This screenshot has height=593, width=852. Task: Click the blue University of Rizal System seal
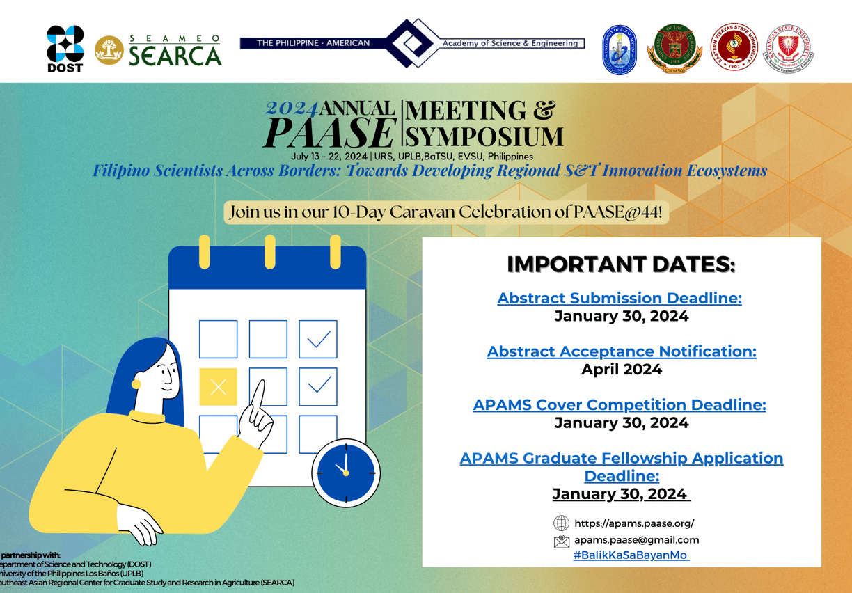click(x=620, y=49)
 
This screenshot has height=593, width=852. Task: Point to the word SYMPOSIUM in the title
click(x=484, y=135)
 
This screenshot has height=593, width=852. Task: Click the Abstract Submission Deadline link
click(x=619, y=298)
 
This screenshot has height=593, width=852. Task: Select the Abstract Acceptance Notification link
click(x=621, y=351)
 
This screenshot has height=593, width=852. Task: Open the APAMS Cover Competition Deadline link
click(x=620, y=404)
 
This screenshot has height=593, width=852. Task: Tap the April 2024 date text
click(x=621, y=370)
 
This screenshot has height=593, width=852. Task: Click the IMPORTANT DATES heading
click(x=621, y=264)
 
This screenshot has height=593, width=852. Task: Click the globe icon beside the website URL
click(x=561, y=523)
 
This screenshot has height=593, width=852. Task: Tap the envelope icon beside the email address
click(x=561, y=540)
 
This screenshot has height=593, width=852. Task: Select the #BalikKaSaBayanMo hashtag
click(x=630, y=555)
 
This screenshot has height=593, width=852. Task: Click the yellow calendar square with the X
click(x=218, y=387)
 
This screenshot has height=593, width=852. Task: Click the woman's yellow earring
click(x=136, y=384)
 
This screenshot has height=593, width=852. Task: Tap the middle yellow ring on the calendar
click(x=269, y=251)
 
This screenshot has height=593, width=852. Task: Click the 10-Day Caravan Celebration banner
click(x=445, y=212)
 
